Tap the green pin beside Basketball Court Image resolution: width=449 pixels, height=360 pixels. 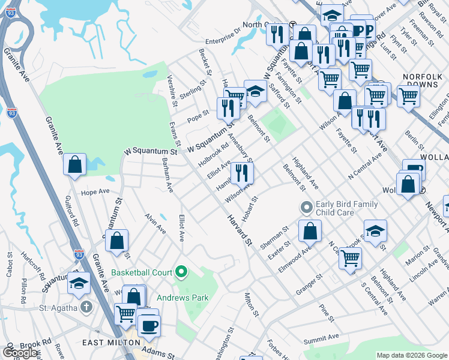[181, 272]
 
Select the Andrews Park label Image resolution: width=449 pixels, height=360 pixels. [182, 297]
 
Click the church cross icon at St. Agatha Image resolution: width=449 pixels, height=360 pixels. [86, 308]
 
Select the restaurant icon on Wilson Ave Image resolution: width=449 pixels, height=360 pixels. [242, 173]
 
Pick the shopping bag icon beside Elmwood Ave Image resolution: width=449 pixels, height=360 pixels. [310, 232]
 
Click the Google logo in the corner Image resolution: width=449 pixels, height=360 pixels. [20, 353]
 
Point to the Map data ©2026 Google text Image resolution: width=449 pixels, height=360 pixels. [412, 355]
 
